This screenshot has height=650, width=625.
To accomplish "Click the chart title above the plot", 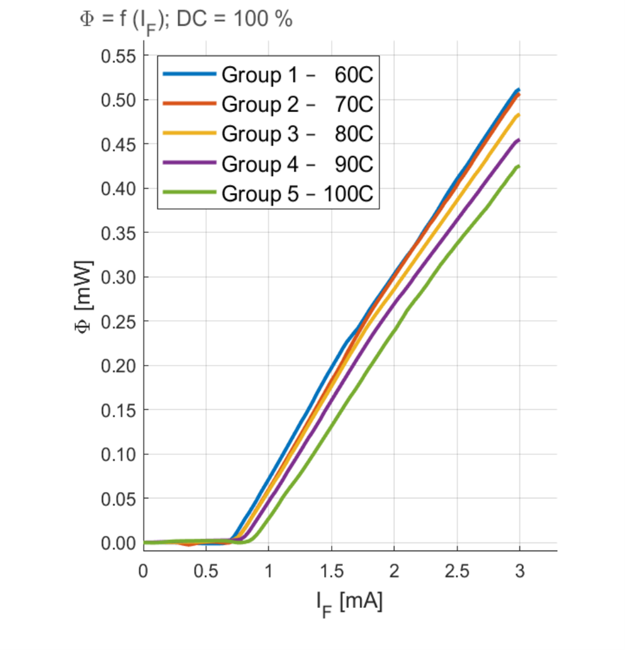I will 186,20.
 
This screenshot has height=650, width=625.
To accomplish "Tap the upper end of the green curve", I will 519,166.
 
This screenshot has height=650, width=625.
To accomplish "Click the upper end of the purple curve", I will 519,140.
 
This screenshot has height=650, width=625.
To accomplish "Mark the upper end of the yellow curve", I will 519,115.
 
